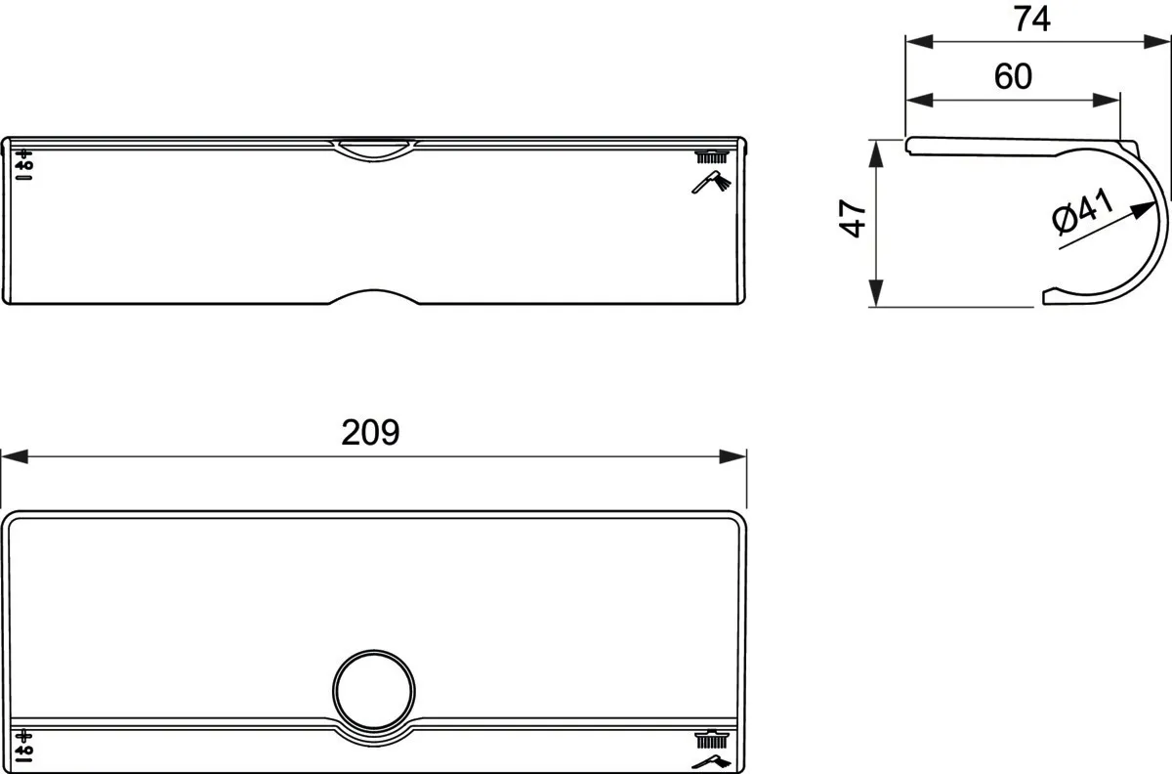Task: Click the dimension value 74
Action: click(1031, 19)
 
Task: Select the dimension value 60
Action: click(1013, 76)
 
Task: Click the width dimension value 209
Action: click(370, 432)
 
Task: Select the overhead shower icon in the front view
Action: click(712, 155)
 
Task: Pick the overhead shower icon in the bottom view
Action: click(712, 737)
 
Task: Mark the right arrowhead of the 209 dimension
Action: click(733, 456)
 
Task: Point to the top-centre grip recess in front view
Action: click(374, 148)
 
